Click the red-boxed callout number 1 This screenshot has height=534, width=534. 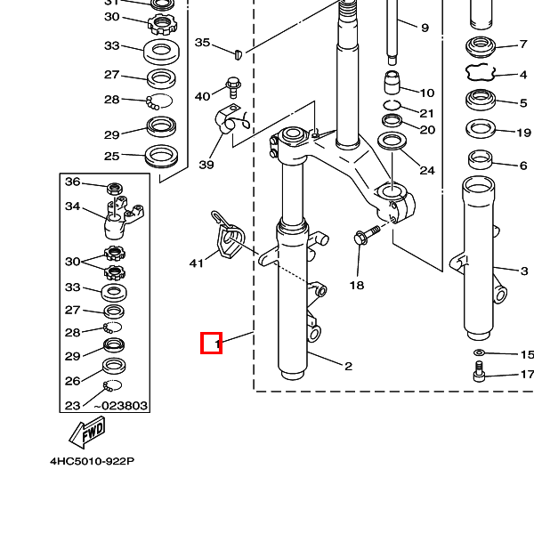click(x=211, y=342)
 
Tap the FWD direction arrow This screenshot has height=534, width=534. click(x=86, y=433)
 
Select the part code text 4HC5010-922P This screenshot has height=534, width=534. click(x=92, y=462)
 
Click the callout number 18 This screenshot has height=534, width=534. click(x=356, y=286)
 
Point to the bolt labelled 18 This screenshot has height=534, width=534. click(x=365, y=235)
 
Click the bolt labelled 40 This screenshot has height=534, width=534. click(x=232, y=88)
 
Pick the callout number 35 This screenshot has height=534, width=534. click(x=203, y=43)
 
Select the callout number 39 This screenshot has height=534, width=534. click(x=206, y=165)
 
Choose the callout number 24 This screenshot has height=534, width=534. click(x=426, y=170)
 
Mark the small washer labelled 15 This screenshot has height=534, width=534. click(x=479, y=355)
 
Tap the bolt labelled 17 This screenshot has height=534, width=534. click(x=479, y=375)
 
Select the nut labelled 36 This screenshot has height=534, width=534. click(x=114, y=188)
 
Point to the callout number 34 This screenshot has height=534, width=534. click(x=72, y=206)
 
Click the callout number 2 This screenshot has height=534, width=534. click(x=348, y=365)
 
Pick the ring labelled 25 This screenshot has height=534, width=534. click(x=161, y=156)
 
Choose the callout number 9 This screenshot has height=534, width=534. click(x=425, y=28)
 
